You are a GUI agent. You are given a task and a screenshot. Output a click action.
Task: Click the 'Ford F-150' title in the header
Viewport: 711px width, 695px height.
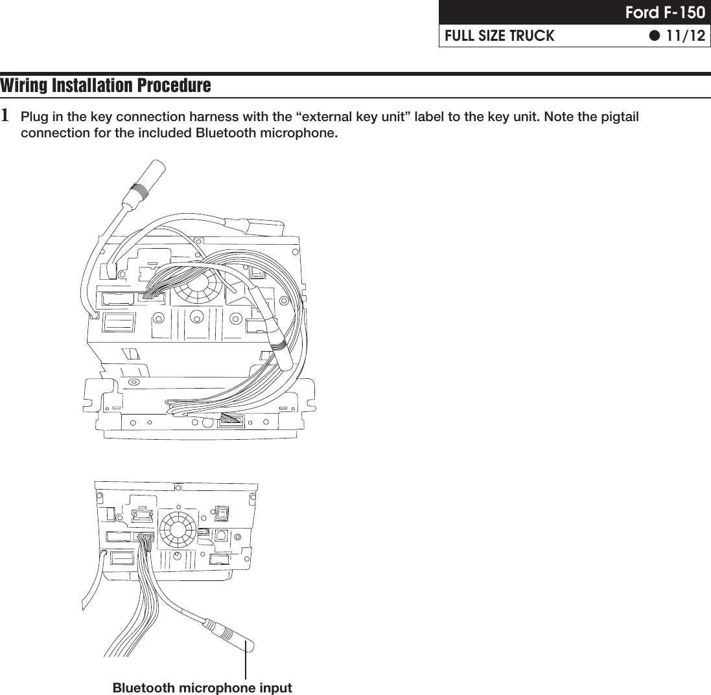[664, 13]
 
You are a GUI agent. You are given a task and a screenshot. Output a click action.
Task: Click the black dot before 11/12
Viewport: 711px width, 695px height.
[655, 36]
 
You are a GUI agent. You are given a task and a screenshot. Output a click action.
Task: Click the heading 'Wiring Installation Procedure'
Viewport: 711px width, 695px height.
[106, 86]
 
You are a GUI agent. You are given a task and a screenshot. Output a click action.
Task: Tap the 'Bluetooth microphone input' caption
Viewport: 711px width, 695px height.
[202, 687]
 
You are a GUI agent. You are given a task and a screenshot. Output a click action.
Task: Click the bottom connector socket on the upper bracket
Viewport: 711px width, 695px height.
[231, 420]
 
